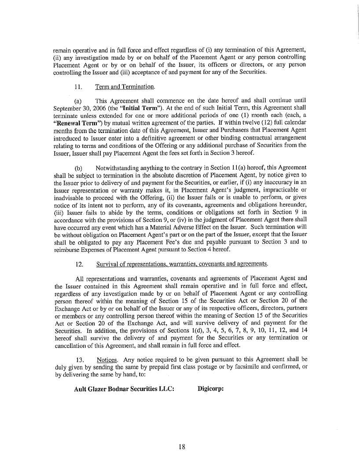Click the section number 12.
pos(80,264)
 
